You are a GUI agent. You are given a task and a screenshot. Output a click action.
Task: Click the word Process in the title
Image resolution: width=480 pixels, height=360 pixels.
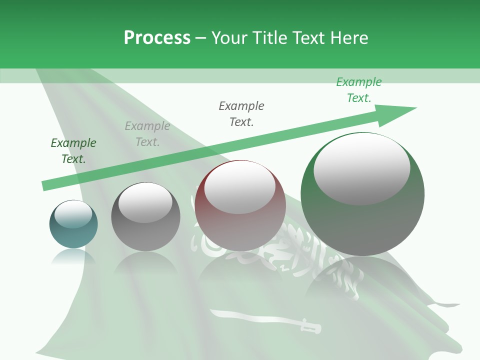tap(157, 37)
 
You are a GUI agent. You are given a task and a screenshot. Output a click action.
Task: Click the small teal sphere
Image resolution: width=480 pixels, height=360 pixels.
tap(73, 235)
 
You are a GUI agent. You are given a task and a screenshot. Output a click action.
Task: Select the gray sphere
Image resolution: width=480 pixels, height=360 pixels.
tap(145, 235)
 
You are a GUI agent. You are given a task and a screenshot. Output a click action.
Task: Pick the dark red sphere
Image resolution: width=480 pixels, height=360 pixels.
tap(240, 230)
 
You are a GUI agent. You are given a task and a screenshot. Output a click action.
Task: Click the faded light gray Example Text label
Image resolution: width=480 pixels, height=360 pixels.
tap(147, 134)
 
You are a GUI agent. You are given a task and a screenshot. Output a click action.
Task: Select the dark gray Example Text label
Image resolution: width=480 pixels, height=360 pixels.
tap(241, 113)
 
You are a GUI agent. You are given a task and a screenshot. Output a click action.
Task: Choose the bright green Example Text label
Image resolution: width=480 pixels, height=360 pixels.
tap(359, 90)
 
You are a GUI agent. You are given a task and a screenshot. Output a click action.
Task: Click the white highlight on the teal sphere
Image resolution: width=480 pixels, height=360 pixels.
tap(73, 214)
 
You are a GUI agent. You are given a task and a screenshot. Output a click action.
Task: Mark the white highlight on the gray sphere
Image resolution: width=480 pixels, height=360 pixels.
tap(145, 202)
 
